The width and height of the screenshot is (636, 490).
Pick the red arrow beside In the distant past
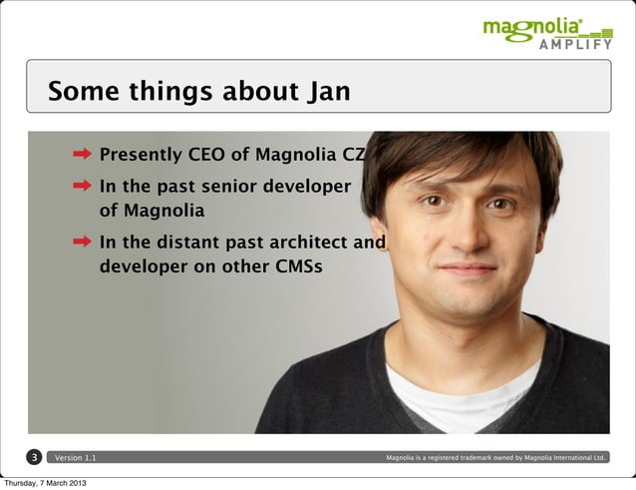83,242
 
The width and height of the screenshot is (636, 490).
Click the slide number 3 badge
34,458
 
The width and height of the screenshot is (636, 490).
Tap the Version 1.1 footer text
77,458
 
